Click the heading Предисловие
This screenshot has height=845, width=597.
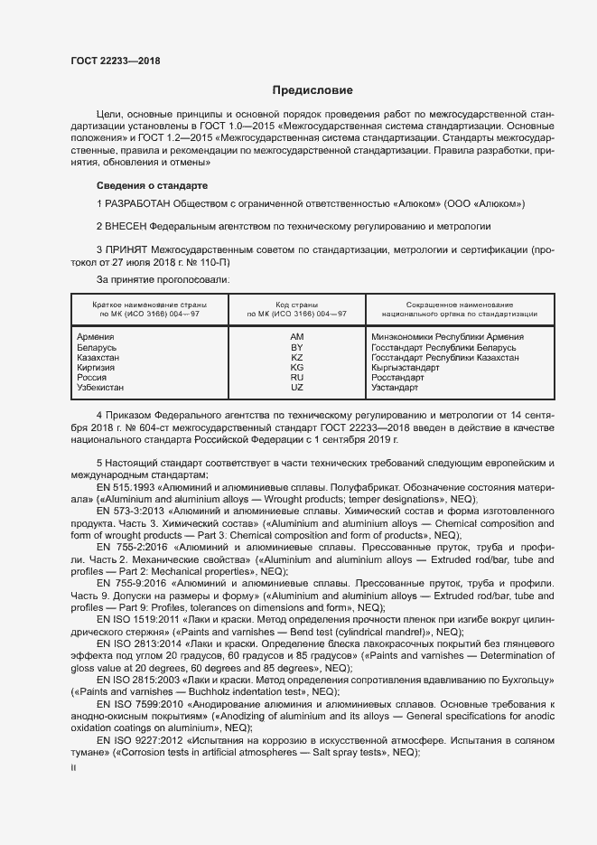tap(312, 91)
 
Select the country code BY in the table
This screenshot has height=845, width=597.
tap(296, 347)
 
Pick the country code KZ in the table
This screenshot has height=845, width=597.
tap(296, 358)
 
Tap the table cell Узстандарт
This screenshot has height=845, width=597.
tap(395, 388)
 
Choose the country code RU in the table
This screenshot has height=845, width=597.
tap(296, 378)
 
